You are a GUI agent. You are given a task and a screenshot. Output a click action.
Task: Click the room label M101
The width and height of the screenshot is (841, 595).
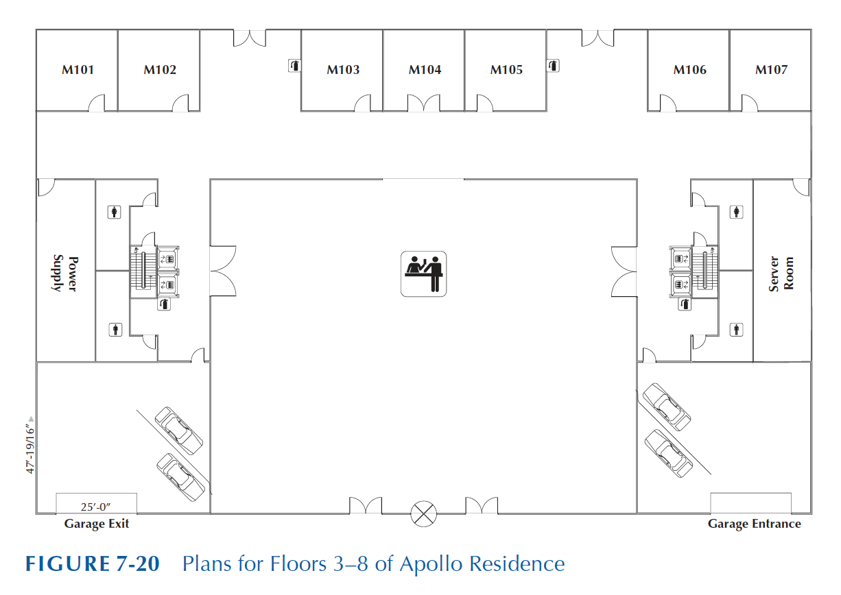(78, 70)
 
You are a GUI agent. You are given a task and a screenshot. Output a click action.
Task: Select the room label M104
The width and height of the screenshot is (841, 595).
(425, 70)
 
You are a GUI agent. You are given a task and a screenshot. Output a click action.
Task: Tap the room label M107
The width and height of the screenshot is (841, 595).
(771, 70)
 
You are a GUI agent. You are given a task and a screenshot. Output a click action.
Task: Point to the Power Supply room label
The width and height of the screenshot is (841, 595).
(65, 273)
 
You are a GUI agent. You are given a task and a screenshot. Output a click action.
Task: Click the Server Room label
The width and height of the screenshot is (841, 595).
(781, 274)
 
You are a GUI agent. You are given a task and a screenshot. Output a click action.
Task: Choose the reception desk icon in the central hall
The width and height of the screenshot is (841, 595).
(423, 274)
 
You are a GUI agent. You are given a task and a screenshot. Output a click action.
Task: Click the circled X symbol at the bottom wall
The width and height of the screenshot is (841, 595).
(423, 513)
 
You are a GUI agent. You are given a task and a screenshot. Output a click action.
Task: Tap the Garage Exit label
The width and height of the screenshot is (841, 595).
(96, 524)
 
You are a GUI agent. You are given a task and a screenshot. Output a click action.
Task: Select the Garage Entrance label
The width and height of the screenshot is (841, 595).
(754, 524)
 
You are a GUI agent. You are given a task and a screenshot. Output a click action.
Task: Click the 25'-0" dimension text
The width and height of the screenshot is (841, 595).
(96, 507)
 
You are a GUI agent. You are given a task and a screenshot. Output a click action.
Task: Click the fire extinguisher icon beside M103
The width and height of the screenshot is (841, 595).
(293, 66)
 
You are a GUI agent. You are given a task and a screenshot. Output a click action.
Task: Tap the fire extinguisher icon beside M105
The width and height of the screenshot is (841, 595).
(552, 66)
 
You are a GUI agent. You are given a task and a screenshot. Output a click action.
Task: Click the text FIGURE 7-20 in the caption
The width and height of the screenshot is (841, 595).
(92, 564)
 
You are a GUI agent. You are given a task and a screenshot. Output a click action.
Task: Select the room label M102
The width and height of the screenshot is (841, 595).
(160, 70)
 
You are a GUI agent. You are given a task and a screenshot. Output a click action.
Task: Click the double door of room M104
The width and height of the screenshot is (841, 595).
(424, 104)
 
